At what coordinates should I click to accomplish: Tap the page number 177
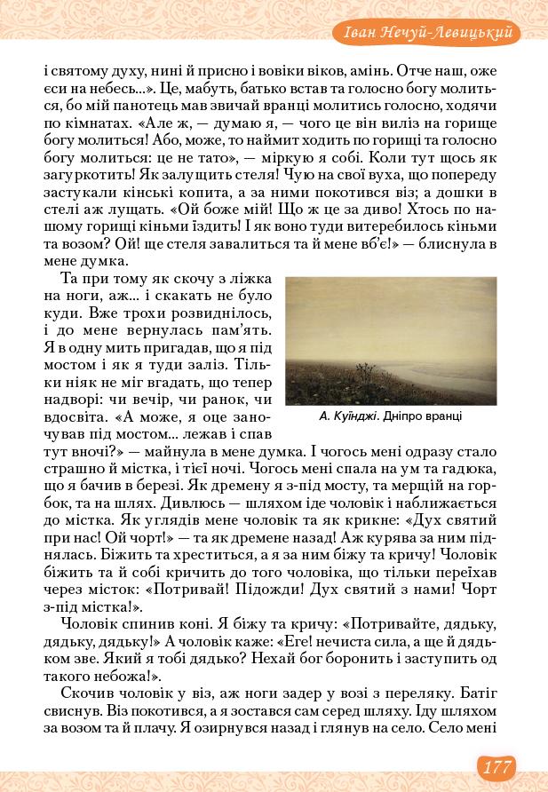pyautogui.click(x=494, y=765)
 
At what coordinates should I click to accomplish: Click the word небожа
pyautogui.click(x=117, y=673)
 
